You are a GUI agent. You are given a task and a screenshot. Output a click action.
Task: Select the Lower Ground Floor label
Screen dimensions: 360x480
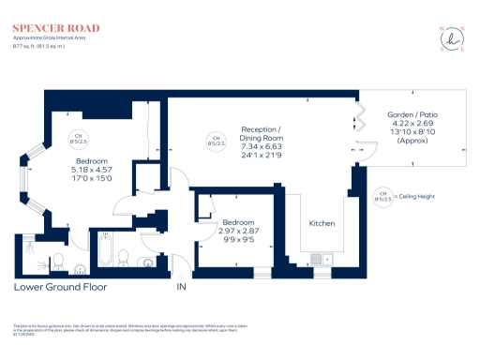tap(60, 287)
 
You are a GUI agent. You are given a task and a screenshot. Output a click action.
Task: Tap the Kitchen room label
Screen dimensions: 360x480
tap(322, 225)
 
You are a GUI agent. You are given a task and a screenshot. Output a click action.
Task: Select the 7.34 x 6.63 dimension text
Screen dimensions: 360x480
tap(261, 146)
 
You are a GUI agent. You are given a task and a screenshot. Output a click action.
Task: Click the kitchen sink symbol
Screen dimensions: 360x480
tap(318, 261)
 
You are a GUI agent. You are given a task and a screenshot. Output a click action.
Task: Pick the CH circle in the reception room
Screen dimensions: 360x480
tap(217, 141)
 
